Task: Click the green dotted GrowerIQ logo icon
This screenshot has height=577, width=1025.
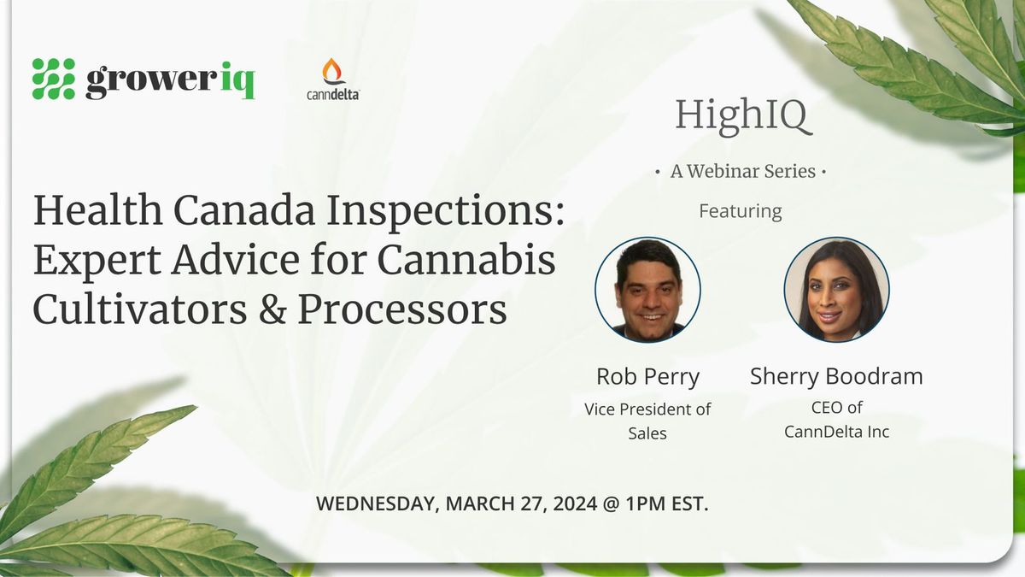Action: pos(54,79)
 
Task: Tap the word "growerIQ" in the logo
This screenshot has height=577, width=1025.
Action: pos(170,81)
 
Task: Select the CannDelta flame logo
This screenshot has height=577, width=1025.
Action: pos(332,73)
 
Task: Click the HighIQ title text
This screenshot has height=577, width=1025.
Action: pos(741,116)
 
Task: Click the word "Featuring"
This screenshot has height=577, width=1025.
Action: pos(740,210)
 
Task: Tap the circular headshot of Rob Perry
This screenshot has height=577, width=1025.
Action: pos(648,291)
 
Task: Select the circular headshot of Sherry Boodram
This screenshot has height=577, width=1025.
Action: pos(836,291)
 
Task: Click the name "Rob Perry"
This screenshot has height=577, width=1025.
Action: pos(647,377)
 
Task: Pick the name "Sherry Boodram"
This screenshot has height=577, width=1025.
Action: pos(836,377)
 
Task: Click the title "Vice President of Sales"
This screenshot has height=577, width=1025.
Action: pos(647,421)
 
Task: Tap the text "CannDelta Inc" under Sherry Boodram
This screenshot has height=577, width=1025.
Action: pos(836,432)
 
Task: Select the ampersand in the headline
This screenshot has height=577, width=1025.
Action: pos(271,311)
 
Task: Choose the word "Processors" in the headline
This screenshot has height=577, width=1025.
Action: pos(401,311)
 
